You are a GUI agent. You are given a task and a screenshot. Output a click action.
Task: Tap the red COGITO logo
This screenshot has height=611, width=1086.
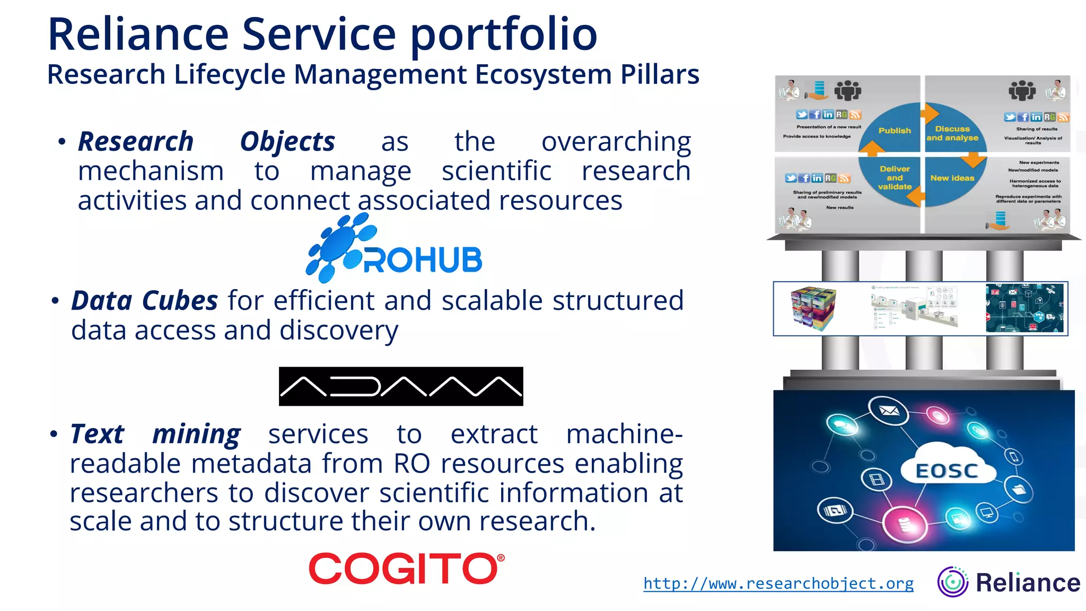(x=406, y=568)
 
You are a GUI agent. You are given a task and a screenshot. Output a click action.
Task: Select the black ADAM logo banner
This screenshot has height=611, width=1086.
(x=401, y=386)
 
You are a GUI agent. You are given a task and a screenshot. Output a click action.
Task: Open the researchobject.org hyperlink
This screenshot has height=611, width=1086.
(x=778, y=583)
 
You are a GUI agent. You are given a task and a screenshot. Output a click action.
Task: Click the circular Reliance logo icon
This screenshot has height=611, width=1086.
(x=952, y=582)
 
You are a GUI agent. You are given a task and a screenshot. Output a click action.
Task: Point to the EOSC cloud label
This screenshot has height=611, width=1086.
(x=947, y=470)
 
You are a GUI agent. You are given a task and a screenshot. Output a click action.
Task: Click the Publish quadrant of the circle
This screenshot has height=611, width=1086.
(x=894, y=130)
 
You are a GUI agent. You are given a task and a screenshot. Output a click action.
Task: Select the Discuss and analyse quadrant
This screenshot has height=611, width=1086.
(x=952, y=133)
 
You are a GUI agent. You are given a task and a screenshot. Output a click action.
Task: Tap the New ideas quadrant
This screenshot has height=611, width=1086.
(x=952, y=178)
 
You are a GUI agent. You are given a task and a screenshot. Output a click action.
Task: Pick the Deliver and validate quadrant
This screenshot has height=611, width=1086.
(x=894, y=178)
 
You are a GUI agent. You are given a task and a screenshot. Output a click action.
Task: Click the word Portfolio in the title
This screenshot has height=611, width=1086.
(x=504, y=35)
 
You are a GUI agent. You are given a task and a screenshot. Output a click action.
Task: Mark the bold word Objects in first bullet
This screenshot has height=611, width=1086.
(x=287, y=142)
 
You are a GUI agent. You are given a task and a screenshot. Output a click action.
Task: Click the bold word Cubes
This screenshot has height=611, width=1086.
(x=180, y=301)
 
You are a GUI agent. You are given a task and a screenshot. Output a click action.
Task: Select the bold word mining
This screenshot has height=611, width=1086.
(x=196, y=434)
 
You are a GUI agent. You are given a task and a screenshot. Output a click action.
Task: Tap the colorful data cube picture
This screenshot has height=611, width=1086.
(x=813, y=308)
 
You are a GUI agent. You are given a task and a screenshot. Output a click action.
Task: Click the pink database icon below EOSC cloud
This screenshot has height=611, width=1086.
(x=904, y=523)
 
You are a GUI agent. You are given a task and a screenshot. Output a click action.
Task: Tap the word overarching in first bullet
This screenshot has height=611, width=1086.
(x=616, y=142)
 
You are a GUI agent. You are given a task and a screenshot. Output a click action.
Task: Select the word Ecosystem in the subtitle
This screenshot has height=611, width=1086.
(x=544, y=74)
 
